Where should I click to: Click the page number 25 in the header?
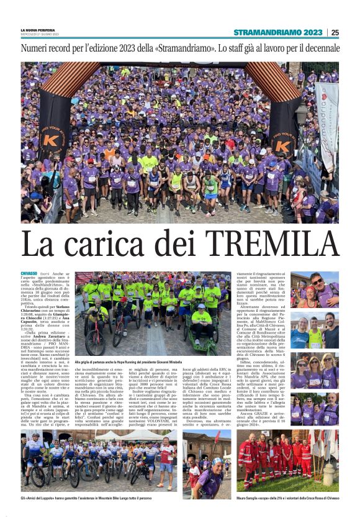(335, 32)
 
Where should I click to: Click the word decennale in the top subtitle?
(319, 48)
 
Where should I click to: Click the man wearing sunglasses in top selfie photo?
(317, 283)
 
